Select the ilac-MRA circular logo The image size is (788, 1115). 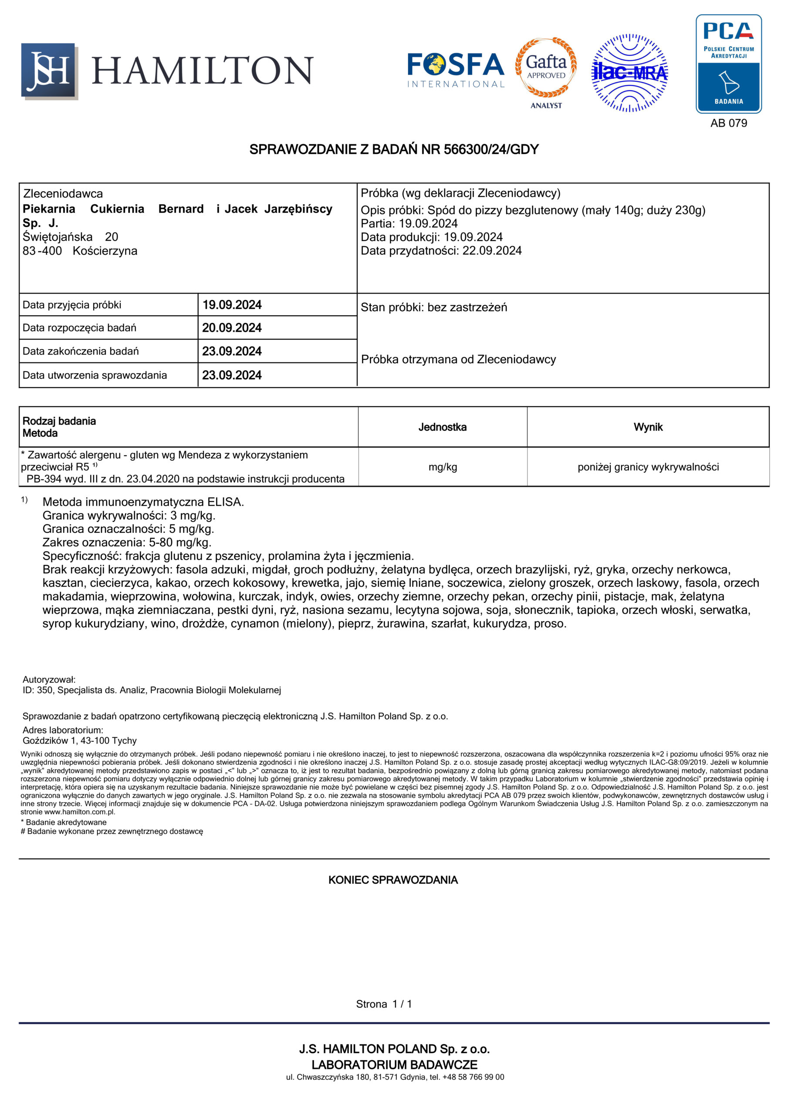pos(629,73)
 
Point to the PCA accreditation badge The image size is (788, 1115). pos(728,64)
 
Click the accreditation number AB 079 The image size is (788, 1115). pos(728,123)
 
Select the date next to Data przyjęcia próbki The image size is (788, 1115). pos(232,305)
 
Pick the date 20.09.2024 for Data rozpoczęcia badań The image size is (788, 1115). pos(232,328)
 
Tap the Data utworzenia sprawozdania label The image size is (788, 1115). pos(95,375)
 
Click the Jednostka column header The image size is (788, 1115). pos(442,427)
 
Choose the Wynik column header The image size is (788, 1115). pos(648,427)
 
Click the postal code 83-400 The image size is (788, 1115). pos(42,251)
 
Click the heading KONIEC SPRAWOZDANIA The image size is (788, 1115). pos(393,880)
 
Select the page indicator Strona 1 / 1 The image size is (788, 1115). pos(384,1004)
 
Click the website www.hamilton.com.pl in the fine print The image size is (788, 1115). pos(80,811)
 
